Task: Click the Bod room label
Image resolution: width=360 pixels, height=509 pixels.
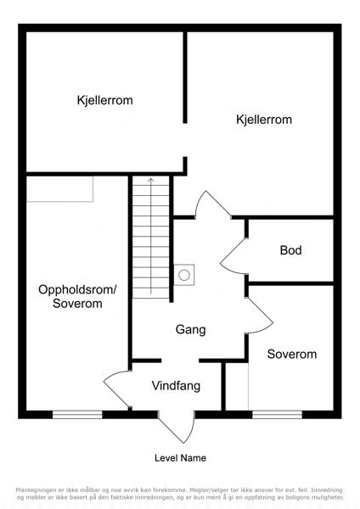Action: point(290,250)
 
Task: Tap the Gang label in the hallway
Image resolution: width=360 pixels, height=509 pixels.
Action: point(191,330)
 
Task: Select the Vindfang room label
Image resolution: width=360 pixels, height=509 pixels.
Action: point(176,386)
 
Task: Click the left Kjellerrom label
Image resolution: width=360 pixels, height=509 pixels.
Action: point(104,100)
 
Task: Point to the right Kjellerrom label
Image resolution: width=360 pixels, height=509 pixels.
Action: point(264,120)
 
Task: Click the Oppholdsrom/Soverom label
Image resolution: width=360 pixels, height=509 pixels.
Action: point(77,296)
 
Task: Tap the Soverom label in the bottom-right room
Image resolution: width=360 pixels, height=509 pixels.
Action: point(292,354)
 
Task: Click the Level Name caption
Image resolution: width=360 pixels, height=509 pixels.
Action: point(180,458)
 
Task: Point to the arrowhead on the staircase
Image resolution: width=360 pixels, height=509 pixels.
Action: point(151,180)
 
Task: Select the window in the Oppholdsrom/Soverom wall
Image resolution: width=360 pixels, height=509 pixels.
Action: point(77,415)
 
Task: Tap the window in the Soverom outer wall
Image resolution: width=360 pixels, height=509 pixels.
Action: point(277,415)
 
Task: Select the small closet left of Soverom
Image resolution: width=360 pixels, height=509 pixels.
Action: point(237,387)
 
